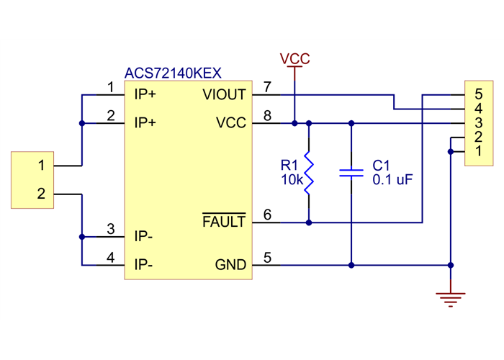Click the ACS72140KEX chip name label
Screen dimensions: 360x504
173,73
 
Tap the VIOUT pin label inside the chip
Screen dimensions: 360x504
224,94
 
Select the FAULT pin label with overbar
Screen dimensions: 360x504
224,222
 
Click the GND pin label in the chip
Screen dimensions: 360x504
230,265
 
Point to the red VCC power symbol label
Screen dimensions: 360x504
295,58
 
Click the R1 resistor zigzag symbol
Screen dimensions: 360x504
309,173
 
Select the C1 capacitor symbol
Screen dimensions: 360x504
351,173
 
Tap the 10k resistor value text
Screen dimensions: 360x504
292,180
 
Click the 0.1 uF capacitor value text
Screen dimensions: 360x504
392,180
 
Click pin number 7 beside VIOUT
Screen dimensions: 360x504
267,88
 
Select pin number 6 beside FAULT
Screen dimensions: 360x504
267,215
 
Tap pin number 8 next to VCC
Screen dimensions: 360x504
267,115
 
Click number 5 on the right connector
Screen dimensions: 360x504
479,94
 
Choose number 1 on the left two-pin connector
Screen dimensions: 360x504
41,166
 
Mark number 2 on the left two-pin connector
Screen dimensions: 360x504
41,194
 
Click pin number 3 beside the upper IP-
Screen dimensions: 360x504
110,229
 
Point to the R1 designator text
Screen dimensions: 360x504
289,166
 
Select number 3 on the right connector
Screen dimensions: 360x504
479,122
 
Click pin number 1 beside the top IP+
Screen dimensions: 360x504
110,87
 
